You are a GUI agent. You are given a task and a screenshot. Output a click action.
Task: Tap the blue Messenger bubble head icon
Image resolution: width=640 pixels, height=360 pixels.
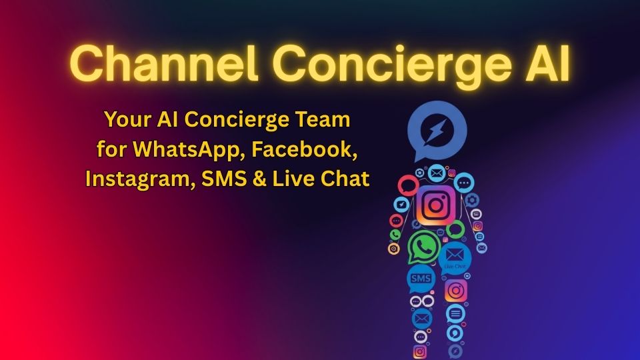click(x=437, y=130)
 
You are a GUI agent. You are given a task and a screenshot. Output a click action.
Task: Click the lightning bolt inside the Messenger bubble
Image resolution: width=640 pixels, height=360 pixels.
click(x=437, y=129)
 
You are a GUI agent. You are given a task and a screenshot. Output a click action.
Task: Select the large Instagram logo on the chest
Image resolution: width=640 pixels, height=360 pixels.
click(x=435, y=205)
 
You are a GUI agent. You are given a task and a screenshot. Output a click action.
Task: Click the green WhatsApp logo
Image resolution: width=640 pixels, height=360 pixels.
click(x=424, y=247)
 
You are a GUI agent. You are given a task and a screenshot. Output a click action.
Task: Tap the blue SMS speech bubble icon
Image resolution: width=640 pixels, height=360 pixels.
click(x=421, y=278)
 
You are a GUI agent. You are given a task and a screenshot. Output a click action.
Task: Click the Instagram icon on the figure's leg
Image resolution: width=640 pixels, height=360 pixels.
click(x=455, y=291)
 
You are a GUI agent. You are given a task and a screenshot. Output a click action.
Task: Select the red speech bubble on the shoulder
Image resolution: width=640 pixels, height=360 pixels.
click(x=407, y=184)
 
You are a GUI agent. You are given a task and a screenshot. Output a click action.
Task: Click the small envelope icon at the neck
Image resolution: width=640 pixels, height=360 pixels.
click(x=437, y=173)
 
